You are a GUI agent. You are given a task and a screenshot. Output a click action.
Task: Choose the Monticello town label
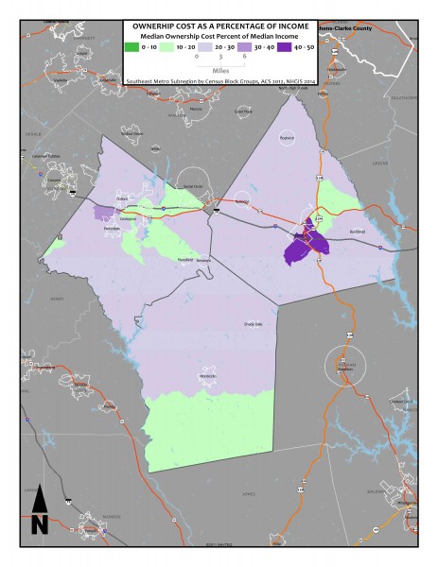tap(207, 377)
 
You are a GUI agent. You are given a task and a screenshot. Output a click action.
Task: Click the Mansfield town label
tap(186, 259)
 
